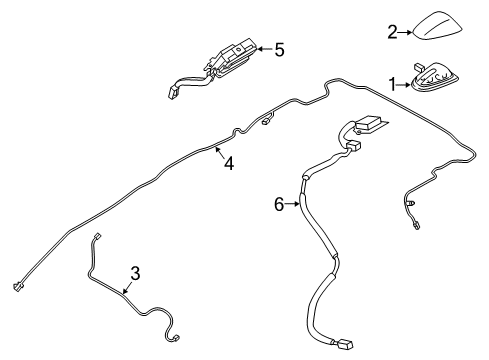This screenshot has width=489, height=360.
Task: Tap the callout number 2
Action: pos(392,33)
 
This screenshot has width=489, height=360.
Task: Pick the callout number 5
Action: pos(279,47)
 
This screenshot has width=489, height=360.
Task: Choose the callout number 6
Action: pos(280,204)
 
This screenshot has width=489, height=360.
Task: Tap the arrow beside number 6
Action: pos(296,204)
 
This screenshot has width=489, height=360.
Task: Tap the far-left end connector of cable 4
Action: pos(19,286)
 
